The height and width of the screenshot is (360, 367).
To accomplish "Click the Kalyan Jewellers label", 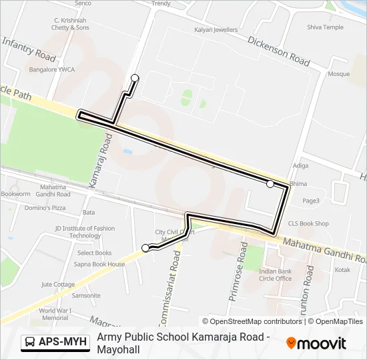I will pos(216,30).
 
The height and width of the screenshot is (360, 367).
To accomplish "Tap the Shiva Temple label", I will pos(325,27).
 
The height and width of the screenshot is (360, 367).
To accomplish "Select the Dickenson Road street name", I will pos(279,51).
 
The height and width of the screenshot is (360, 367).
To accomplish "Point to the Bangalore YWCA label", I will pos(51,69).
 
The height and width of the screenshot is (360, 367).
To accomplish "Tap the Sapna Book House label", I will pos(99,265).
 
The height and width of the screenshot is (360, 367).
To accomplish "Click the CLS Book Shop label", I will pos(308,224).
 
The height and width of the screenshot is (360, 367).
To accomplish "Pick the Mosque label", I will pos(338,74).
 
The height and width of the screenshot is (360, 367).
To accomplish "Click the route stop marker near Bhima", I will pos(270,184).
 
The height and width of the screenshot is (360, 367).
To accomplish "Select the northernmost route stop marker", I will pos(135,78).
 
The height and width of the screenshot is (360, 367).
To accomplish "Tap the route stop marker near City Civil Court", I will pos(145,248).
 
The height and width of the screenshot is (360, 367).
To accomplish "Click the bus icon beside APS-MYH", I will pos(30,343).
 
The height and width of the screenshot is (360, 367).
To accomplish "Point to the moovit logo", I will pos(316,343).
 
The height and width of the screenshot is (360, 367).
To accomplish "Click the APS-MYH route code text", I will pos(63,343).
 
